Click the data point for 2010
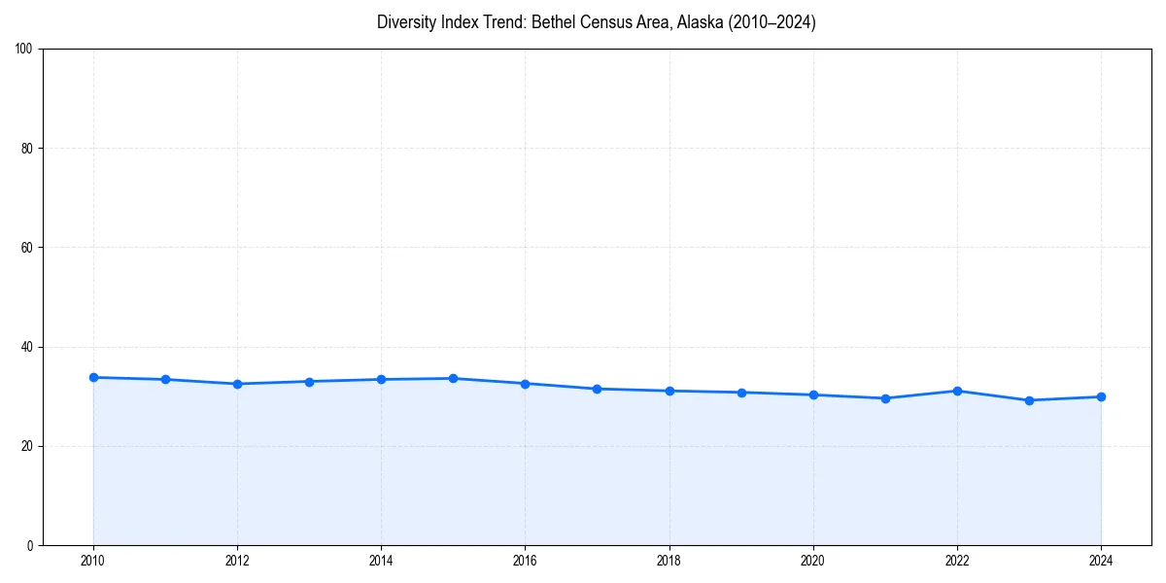coord(93,377)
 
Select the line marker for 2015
coord(453,378)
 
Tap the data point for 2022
coord(957,391)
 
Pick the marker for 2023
coord(1029,400)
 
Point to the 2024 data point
coord(1101,396)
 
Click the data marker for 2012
coord(237,384)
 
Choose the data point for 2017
coord(597,389)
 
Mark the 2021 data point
coord(885,398)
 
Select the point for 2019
coord(741,393)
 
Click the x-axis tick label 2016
coord(525,561)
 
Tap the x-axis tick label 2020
coord(813,561)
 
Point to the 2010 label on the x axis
coord(93,561)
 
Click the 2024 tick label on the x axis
coord(1101,561)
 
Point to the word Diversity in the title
coord(404,22)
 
